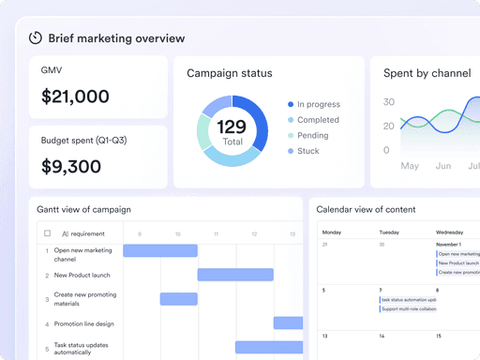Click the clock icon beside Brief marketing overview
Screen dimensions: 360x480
[x=36, y=37]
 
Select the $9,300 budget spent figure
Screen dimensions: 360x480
[x=72, y=167]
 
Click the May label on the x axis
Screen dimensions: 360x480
[x=410, y=166]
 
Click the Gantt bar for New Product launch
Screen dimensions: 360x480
[x=235, y=275]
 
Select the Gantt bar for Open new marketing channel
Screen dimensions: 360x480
[x=160, y=250]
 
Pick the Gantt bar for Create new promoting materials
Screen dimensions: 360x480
[x=178, y=299]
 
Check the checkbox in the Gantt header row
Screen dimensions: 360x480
[x=48, y=233]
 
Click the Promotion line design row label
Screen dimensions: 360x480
[x=83, y=323]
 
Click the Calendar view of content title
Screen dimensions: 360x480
[x=366, y=209]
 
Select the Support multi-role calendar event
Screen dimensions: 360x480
[x=408, y=308]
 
